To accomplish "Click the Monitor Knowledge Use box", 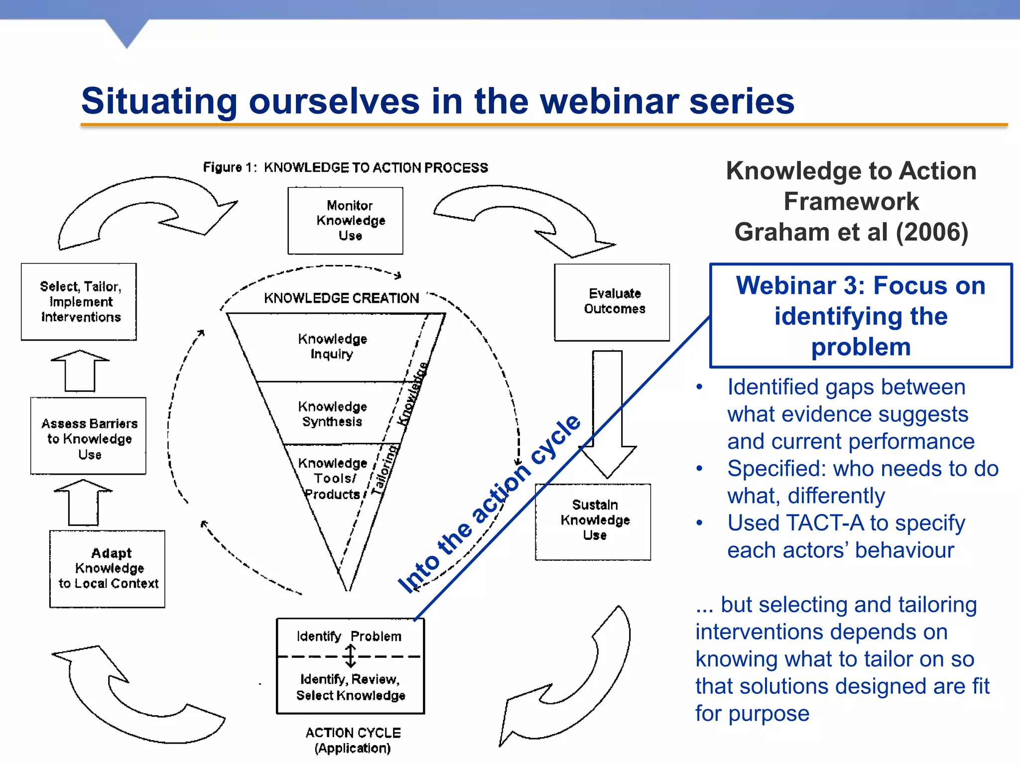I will pyautogui.click(x=345, y=221).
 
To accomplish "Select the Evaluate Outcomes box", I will pyautogui.click(x=612, y=302).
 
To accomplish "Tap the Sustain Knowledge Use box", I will pyautogui.click(x=593, y=521).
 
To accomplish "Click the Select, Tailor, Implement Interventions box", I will pyautogui.click(x=79, y=302).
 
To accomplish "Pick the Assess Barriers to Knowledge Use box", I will pyautogui.click(x=88, y=436).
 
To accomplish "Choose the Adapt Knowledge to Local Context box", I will pyautogui.click(x=107, y=569).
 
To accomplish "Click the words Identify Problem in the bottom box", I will pyautogui.click(x=349, y=636).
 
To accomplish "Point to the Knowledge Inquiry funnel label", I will pyautogui.click(x=332, y=346).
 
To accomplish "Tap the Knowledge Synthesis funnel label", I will pyautogui.click(x=332, y=414).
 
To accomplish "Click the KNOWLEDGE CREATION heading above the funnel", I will pyautogui.click(x=341, y=298).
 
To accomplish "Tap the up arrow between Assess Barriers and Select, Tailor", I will pyautogui.click(x=80, y=371).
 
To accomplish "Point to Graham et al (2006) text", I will pyautogui.click(x=851, y=232).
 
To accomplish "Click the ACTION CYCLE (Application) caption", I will pyautogui.click(x=353, y=740).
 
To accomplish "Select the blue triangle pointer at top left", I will pyautogui.click(x=127, y=33).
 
